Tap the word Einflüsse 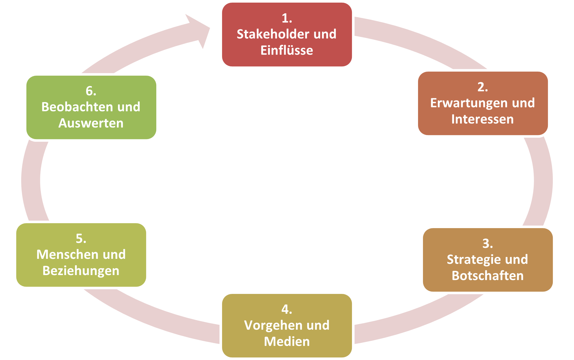(x=287, y=50)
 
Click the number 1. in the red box (x=287, y=18)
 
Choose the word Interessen (x=482, y=119)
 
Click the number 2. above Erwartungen (x=483, y=87)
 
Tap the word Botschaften (x=488, y=276)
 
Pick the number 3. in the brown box (x=488, y=243)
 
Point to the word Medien (x=287, y=341)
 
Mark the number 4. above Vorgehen (x=287, y=309)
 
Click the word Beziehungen (x=81, y=271)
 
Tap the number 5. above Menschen (x=81, y=239)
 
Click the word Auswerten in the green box (x=91, y=123)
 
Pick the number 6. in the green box (x=91, y=91)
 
